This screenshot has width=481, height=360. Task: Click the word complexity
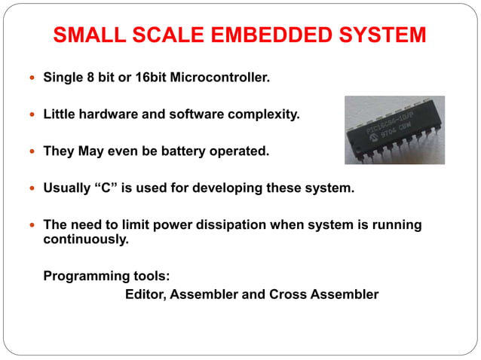pos(259,114)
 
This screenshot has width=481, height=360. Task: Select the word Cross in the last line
pos(287,294)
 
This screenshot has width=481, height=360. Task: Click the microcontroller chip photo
pos(394,130)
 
